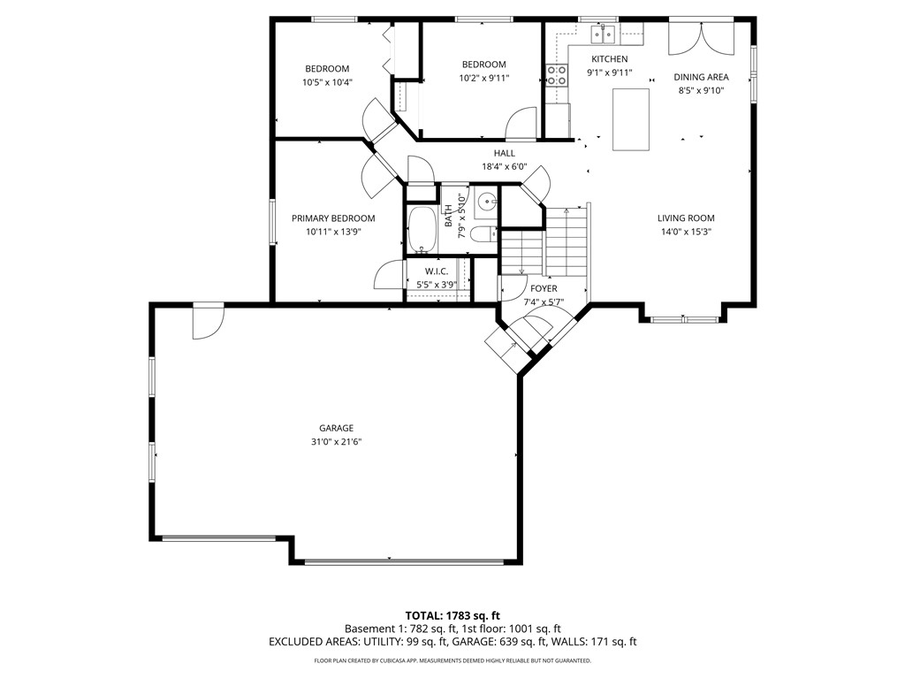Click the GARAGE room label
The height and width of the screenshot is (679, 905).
click(337, 428)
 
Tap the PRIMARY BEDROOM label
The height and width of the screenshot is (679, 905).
click(333, 218)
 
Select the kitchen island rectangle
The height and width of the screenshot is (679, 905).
click(631, 119)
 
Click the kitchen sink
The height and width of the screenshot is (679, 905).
click(603, 34)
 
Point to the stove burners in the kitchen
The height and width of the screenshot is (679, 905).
click(557, 75)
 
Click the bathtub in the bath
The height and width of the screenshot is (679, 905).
click(422, 230)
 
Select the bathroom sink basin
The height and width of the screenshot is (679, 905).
click(488, 202)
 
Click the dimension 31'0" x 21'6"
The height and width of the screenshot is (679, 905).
click(337, 442)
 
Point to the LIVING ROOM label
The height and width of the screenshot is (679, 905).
click(686, 218)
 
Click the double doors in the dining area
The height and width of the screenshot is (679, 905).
click(701, 39)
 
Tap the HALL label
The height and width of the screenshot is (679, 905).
click(505, 153)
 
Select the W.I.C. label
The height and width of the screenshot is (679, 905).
click(437, 271)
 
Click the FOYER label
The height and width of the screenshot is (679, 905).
click(544, 289)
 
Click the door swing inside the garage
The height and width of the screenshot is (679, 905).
click(208, 322)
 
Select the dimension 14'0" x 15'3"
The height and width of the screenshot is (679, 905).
click(686, 233)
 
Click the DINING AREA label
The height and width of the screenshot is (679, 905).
click(701, 77)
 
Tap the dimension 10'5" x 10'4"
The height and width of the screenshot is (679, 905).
click(327, 82)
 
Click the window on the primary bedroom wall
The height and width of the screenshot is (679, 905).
click(272, 221)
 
